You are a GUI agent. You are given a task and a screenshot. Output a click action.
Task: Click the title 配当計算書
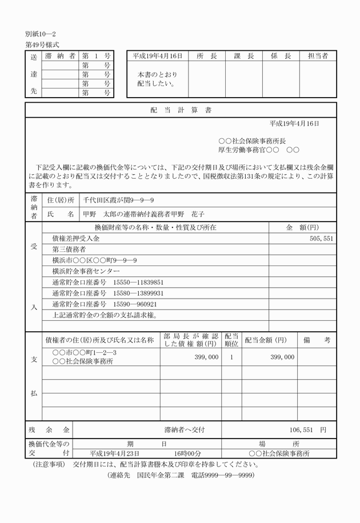click(x=180, y=110)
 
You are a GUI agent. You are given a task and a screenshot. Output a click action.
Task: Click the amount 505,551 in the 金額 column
click(x=320, y=239)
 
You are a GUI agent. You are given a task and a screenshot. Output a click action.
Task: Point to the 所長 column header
click(x=206, y=56)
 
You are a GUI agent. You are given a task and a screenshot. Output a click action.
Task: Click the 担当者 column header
click(x=318, y=56)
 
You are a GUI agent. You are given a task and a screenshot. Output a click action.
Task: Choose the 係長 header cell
click(x=281, y=56)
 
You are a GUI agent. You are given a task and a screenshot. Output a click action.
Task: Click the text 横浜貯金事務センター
click(x=86, y=271)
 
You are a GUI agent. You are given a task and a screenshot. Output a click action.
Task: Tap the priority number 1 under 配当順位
click(x=231, y=357)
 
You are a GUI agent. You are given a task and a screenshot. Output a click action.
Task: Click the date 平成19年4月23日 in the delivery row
click(x=114, y=453)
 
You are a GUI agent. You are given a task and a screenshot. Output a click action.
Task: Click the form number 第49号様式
click(x=42, y=45)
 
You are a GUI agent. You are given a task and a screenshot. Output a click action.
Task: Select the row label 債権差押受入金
click(x=75, y=239)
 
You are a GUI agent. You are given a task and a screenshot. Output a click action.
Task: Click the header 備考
click(x=318, y=340)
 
